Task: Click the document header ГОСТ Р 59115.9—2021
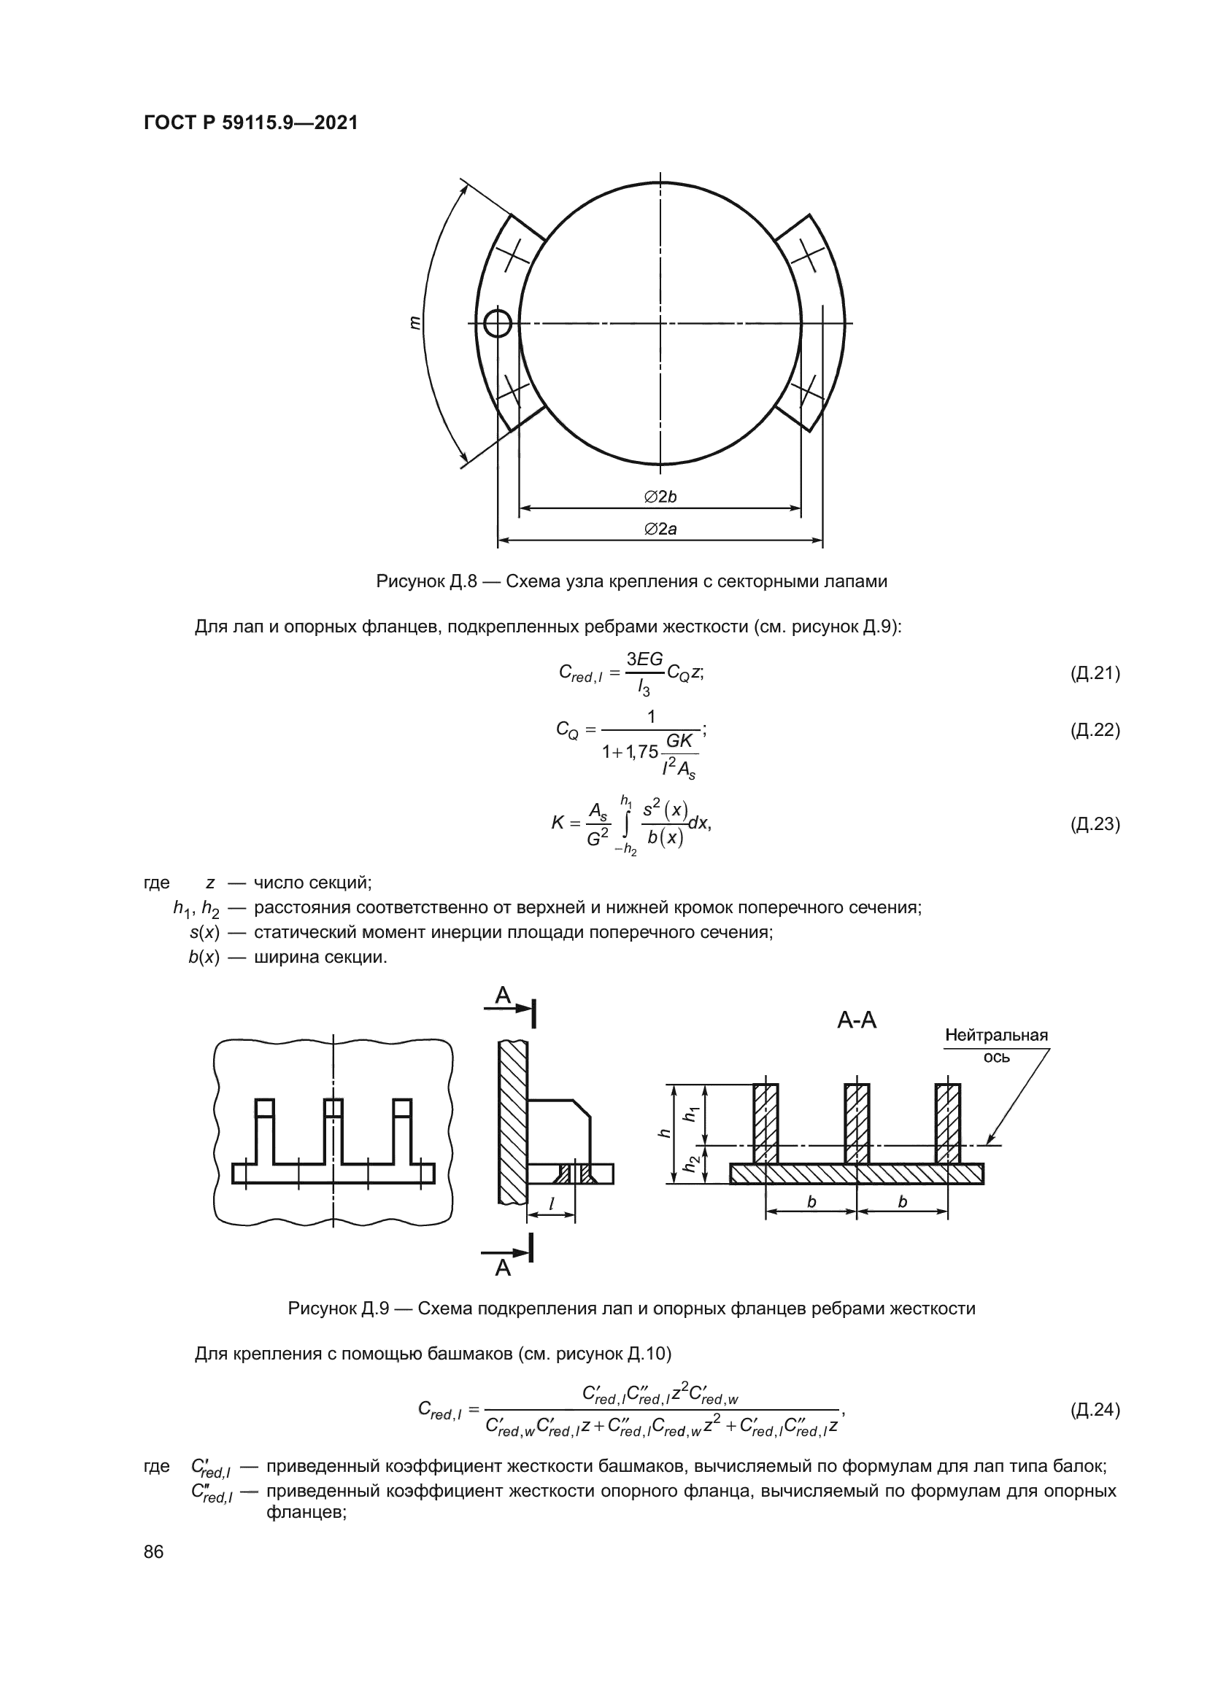tap(250, 123)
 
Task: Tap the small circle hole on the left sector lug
tap(497, 323)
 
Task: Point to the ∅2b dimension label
tap(660, 497)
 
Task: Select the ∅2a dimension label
tap(660, 529)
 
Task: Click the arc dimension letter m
tap(414, 322)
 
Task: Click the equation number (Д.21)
tap(1095, 673)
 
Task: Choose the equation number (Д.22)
tap(1095, 729)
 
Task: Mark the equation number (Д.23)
tap(1095, 824)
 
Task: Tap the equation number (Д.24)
tap(1095, 1409)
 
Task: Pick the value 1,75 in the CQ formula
tap(642, 751)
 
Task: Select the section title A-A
tap(856, 1020)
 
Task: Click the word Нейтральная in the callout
tap(996, 1035)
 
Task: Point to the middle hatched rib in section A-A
tap(856, 1123)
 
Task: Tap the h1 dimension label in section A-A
tap(692, 1113)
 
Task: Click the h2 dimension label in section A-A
tap(692, 1164)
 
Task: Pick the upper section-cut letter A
tap(504, 995)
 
